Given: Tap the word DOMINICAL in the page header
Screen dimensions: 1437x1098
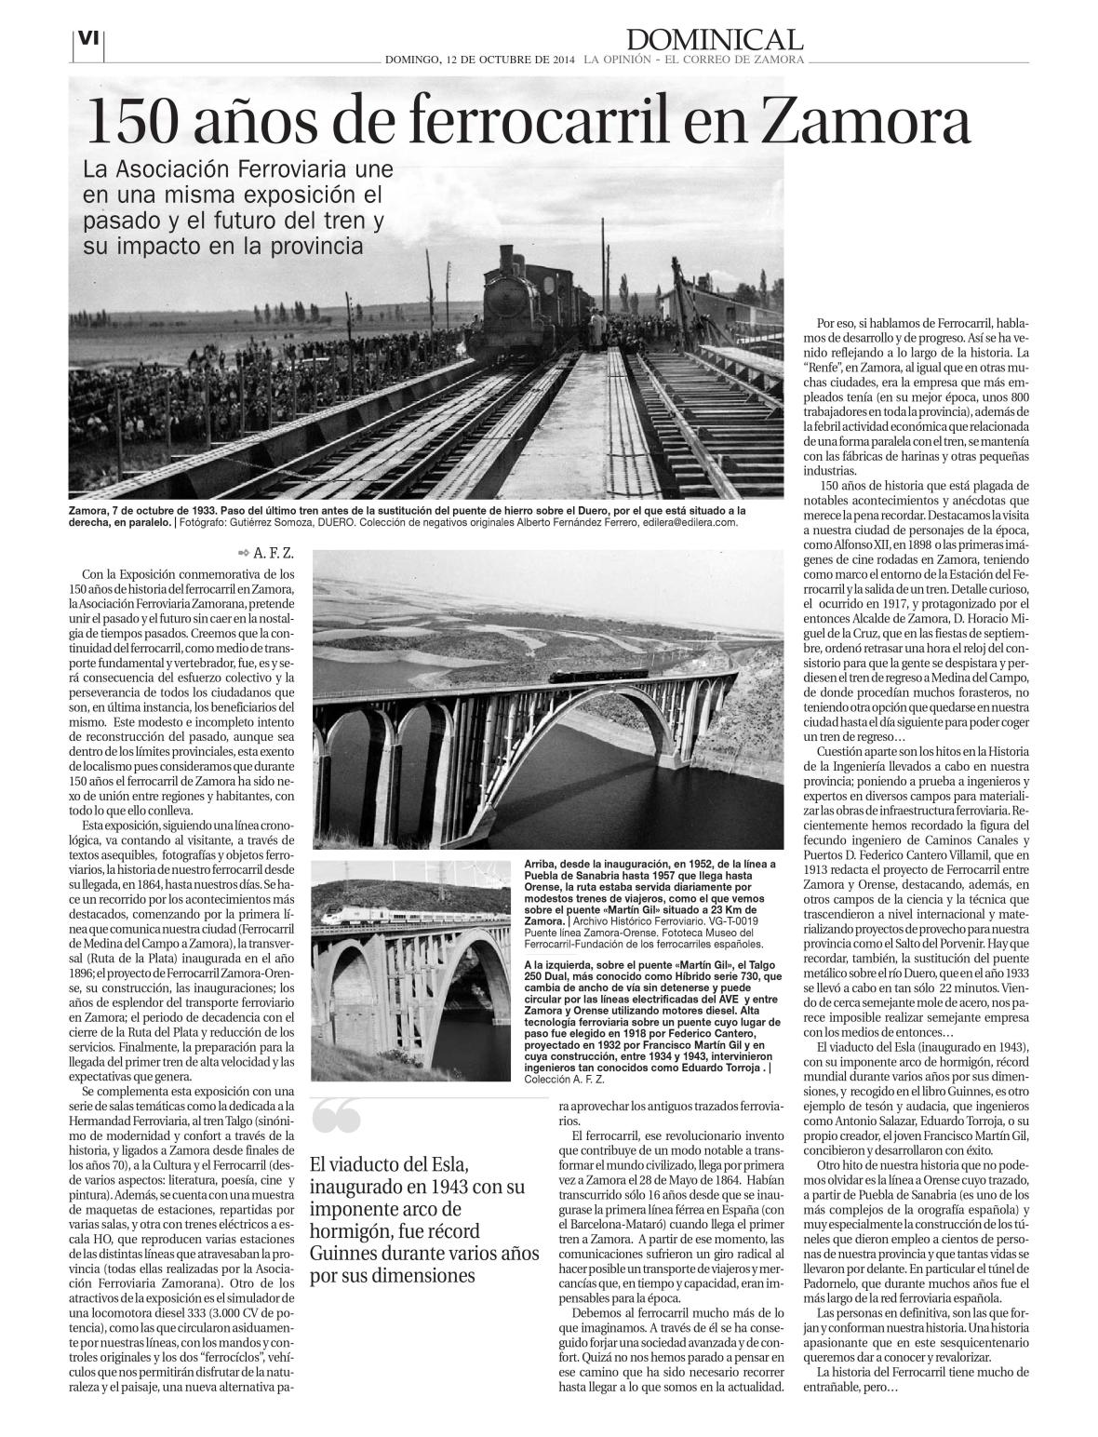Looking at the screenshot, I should click(714, 39).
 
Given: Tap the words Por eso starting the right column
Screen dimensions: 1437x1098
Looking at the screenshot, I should click(837, 323).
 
